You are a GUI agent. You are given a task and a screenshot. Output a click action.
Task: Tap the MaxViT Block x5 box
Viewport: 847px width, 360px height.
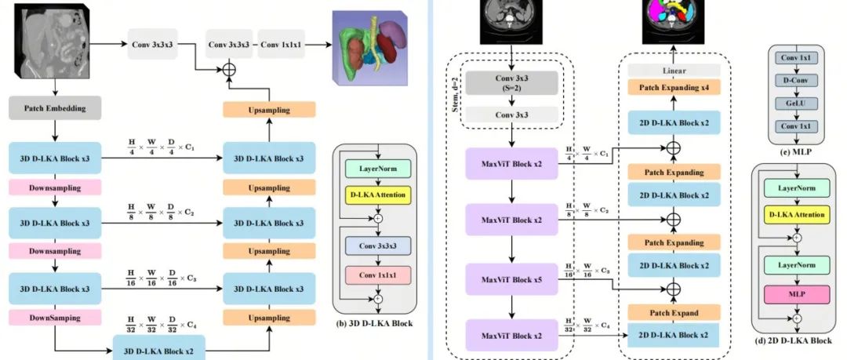click(505, 279)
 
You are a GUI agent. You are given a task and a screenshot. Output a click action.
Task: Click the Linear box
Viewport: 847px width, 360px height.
click(674, 71)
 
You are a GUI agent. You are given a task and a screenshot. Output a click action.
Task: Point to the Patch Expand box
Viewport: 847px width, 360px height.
click(674, 313)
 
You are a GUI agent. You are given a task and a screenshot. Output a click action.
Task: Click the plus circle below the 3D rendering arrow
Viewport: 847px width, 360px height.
click(229, 71)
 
